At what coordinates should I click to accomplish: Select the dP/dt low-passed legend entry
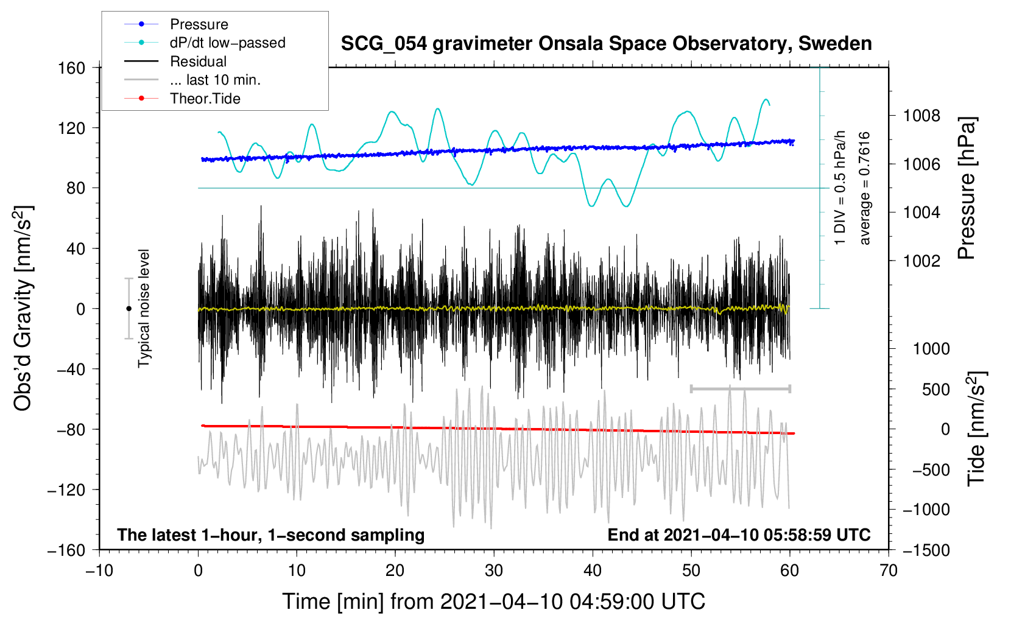pyautogui.click(x=227, y=43)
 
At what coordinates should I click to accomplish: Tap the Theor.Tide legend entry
pyautogui.click(x=205, y=99)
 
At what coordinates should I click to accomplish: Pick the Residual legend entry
pyautogui.click(x=198, y=61)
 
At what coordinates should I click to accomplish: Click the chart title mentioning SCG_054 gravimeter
pyautogui.click(x=606, y=44)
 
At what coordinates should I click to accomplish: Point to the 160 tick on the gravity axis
pyautogui.click(x=71, y=68)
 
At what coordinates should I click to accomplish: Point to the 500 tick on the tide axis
pyautogui.click(x=935, y=389)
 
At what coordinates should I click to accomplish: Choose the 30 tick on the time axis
pyautogui.click(x=494, y=570)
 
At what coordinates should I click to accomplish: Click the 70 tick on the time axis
pyautogui.click(x=889, y=570)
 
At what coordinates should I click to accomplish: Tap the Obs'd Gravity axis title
pyautogui.click(x=23, y=308)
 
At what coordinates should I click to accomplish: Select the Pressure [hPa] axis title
pyautogui.click(x=967, y=189)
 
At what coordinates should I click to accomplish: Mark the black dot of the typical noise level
pyautogui.click(x=129, y=309)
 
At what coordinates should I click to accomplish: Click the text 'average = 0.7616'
pyautogui.click(x=864, y=188)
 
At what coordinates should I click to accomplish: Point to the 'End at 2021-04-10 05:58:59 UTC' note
pyautogui.click(x=739, y=535)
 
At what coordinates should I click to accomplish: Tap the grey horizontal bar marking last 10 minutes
pyautogui.click(x=740, y=388)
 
